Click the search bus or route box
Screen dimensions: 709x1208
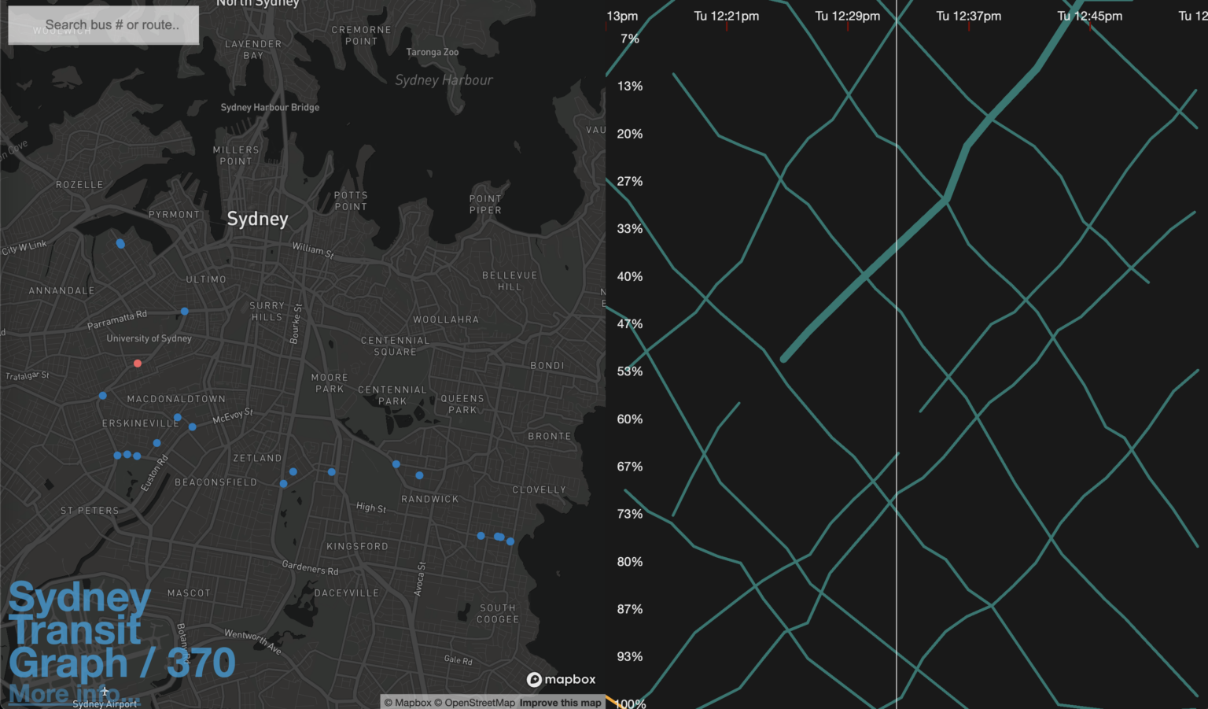[x=103, y=25]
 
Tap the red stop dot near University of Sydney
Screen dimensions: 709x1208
[x=138, y=364]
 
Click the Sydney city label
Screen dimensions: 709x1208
[x=257, y=219]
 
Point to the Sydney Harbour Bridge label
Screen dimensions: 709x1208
[x=270, y=108]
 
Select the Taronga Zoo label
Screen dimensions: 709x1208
[x=432, y=53]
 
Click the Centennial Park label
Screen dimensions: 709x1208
[x=392, y=395]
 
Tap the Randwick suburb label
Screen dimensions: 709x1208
[x=429, y=499]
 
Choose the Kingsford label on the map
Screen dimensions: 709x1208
[x=357, y=546]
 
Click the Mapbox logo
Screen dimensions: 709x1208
[x=561, y=679]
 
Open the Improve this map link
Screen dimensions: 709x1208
[x=560, y=703]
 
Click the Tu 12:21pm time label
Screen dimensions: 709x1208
[x=726, y=16]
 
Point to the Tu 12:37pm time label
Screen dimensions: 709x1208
[x=968, y=16]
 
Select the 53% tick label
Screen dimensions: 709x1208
[x=629, y=371]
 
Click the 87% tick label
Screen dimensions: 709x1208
[x=629, y=609]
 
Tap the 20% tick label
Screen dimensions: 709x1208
[x=629, y=134]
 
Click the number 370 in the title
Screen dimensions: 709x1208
[x=201, y=663]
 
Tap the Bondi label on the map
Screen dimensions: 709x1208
[x=547, y=366]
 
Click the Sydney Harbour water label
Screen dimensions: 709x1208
[x=444, y=80]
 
